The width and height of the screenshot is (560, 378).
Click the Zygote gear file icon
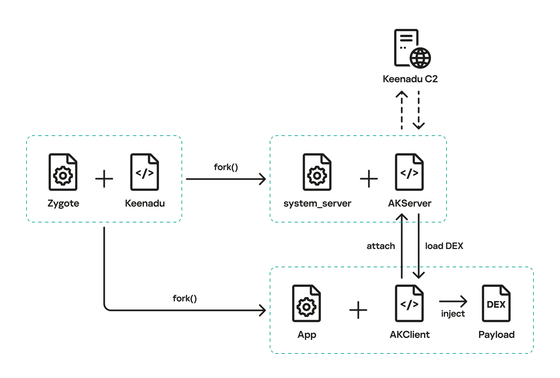[x=63, y=172]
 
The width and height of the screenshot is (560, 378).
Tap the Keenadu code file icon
[x=145, y=172]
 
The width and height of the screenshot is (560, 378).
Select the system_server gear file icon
[x=317, y=172]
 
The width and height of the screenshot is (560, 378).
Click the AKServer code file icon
[x=409, y=172]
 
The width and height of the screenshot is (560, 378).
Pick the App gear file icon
[x=306, y=303]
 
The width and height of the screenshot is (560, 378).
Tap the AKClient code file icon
[x=409, y=303]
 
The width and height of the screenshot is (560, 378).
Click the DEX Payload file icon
[x=496, y=303]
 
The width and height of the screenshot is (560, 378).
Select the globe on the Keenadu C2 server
[x=420, y=58]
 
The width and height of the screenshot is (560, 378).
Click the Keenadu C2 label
[x=410, y=79]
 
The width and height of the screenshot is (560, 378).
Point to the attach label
[x=381, y=246]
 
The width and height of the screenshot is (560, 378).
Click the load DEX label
[x=444, y=246]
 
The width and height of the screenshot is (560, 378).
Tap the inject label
[x=453, y=314]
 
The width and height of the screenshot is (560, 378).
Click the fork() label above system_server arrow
[x=226, y=167]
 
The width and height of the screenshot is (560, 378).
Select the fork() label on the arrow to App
[x=185, y=298]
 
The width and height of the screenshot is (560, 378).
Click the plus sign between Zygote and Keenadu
[x=104, y=179]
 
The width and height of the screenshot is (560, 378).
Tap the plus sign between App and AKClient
[x=358, y=310]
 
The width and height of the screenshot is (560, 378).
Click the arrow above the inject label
[x=453, y=301]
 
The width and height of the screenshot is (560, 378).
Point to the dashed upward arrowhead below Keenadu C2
[x=402, y=94]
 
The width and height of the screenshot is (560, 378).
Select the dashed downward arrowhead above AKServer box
[x=419, y=126]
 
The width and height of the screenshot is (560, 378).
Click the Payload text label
[x=496, y=335]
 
